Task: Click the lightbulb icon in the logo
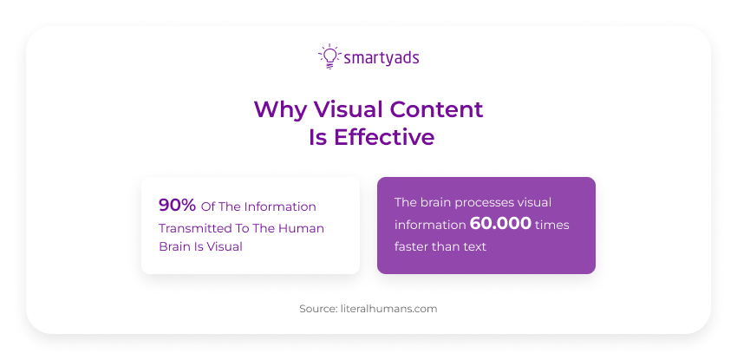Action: (x=329, y=56)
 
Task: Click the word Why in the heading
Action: (x=279, y=109)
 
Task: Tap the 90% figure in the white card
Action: (x=177, y=206)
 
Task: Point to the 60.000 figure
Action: (x=500, y=224)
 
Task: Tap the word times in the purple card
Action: (x=552, y=225)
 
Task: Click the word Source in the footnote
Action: (x=316, y=308)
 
